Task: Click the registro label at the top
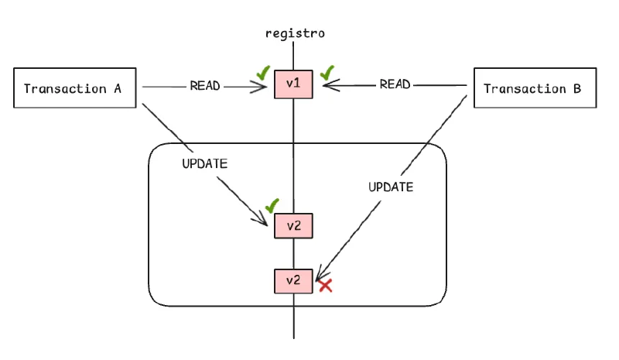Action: click(x=294, y=33)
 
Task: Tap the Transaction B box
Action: click(x=532, y=88)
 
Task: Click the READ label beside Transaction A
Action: click(x=206, y=86)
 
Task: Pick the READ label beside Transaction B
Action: click(x=395, y=84)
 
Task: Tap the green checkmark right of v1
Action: click(x=327, y=73)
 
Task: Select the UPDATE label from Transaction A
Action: click(x=204, y=163)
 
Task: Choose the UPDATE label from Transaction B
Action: click(x=390, y=187)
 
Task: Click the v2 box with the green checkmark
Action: click(x=293, y=226)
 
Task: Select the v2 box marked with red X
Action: click(x=293, y=280)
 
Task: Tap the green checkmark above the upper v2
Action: click(x=271, y=207)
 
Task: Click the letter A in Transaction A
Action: click(x=118, y=88)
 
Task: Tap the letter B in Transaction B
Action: click(x=576, y=88)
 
